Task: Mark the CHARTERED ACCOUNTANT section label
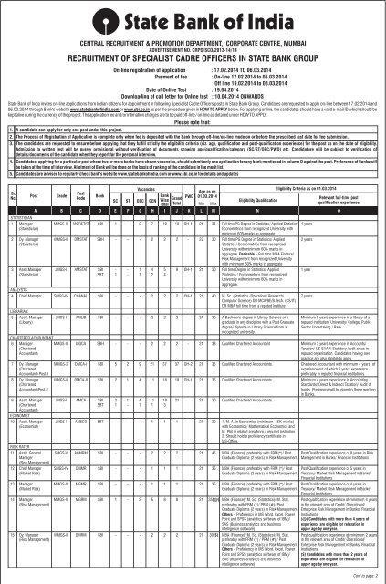(x=33, y=360)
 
